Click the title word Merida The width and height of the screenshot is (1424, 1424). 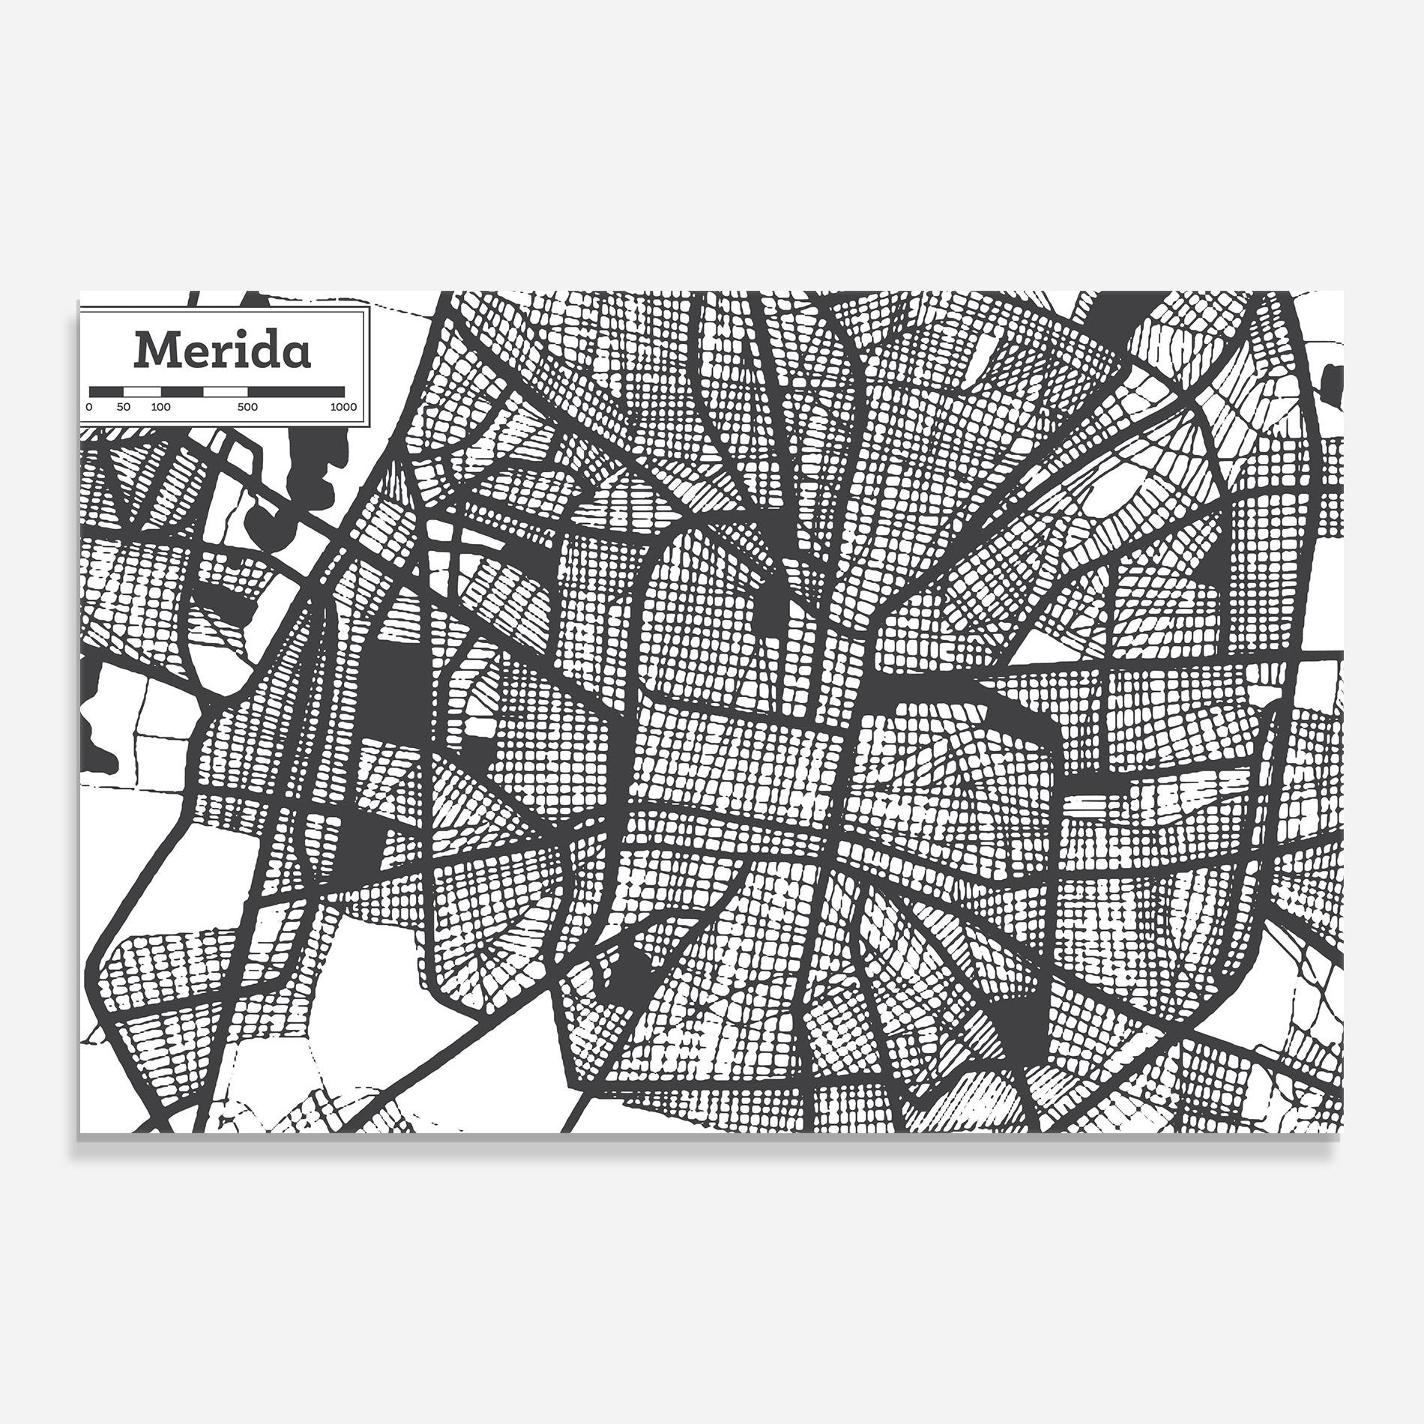[222, 350]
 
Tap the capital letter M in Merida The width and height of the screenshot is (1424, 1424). [157, 350]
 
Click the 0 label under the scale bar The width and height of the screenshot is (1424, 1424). [89, 408]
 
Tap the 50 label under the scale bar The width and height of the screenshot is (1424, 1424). [124, 408]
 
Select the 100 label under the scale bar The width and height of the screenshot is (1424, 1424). [160, 408]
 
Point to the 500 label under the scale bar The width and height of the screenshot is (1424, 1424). [247, 408]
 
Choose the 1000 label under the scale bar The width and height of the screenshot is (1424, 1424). [343, 408]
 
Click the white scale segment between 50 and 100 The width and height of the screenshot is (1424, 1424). [142, 391]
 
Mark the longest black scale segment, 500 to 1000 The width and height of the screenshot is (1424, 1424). [296, 391]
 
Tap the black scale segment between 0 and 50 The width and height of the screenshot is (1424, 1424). [106, 391]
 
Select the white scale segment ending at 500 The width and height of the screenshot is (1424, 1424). [225, 391]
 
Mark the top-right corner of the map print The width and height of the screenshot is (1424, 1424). [1342, 292]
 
